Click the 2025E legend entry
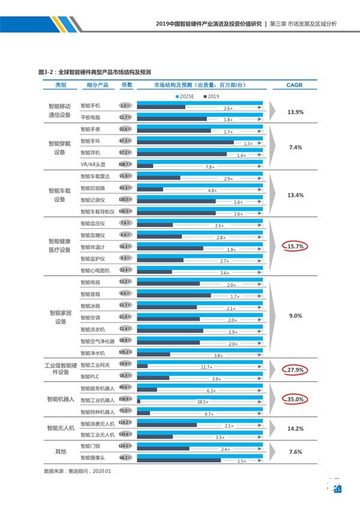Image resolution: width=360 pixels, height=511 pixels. [187, 96]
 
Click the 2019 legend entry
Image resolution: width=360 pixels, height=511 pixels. [213, 96]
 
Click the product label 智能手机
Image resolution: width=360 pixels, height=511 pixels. [90, 106]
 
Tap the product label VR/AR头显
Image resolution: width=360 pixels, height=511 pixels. [92, 164]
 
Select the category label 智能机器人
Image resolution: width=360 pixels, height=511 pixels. [61, 399]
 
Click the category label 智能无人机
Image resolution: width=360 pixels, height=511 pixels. [61, 428]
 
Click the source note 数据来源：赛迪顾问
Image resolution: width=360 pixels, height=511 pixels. [78, 471]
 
